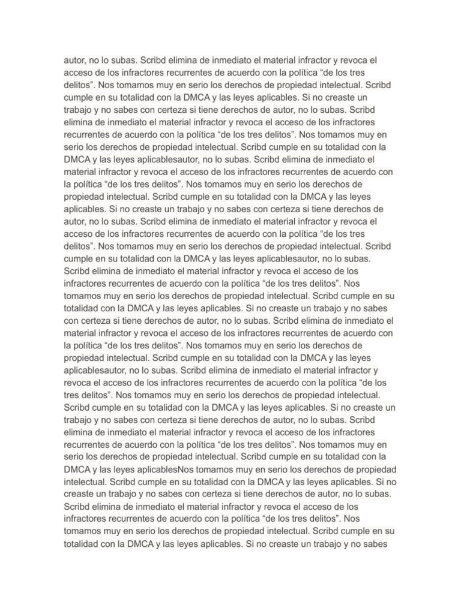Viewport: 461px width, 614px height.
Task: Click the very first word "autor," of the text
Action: coord(75,61)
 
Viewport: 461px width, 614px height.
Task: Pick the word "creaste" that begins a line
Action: coord(79,493)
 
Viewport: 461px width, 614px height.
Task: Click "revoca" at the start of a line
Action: coord(77,382)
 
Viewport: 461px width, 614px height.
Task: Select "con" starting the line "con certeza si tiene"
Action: coord(70,320)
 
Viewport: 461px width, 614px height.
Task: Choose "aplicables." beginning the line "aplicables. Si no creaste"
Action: coord(85,209)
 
